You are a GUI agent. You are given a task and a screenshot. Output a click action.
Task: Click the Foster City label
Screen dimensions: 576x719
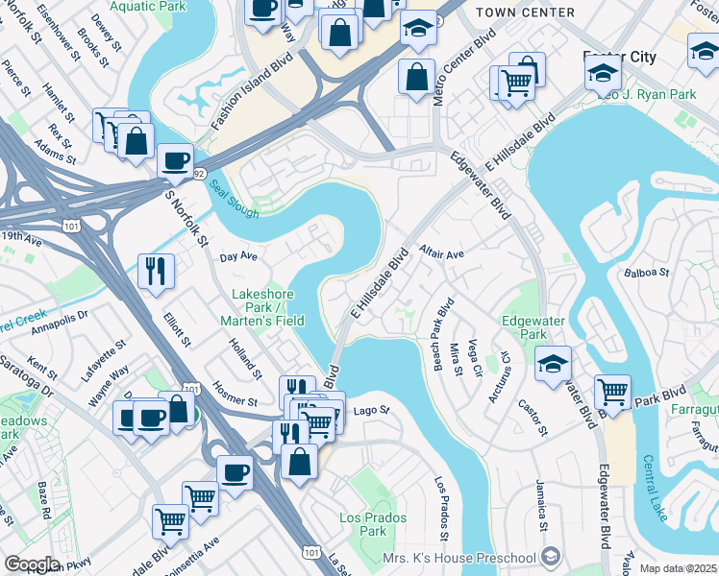[x=620, y=57]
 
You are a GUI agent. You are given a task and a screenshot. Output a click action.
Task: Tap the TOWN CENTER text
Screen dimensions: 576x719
[x=528, y=12]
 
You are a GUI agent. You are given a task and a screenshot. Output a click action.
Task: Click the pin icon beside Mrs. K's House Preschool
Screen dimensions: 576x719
[x=550, y=558]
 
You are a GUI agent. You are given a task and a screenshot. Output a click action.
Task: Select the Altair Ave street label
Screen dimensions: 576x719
[x=441, y=253]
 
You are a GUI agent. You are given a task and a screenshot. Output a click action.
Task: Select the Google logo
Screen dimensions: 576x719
[x=32, y=564]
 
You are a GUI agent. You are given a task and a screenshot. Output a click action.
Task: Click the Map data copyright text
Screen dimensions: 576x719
[x=677, y=568]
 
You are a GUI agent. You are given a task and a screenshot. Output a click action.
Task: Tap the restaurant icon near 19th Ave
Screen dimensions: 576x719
[x=155, y=270]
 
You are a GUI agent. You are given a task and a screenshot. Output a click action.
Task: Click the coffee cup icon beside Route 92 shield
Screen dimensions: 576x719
[x=175, y=160]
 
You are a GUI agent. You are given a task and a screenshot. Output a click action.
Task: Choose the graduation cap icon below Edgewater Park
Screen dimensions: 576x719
[x=554, y=364]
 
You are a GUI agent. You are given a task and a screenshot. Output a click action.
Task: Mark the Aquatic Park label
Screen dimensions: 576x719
[x=148, y=6]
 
